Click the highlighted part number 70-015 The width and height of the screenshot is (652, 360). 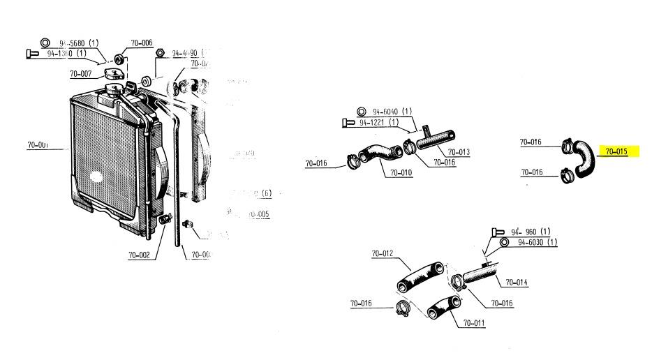click(617, 151)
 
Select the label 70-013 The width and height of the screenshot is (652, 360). click(459, 151)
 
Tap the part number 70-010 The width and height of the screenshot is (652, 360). click(401, 172)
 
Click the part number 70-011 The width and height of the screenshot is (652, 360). click(474, 322)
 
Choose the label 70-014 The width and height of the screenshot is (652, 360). click(517, 282)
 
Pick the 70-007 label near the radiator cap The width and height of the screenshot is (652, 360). click(81, 73)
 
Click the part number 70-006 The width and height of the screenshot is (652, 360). click(142, 43)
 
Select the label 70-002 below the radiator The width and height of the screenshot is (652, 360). click(139, 255)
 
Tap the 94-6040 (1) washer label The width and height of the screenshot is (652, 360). click(392, 111)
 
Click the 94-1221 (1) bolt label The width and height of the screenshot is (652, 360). click(383, 123)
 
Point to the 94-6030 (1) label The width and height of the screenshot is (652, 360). click(537, 242)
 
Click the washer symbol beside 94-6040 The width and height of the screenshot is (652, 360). click(362, 111)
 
